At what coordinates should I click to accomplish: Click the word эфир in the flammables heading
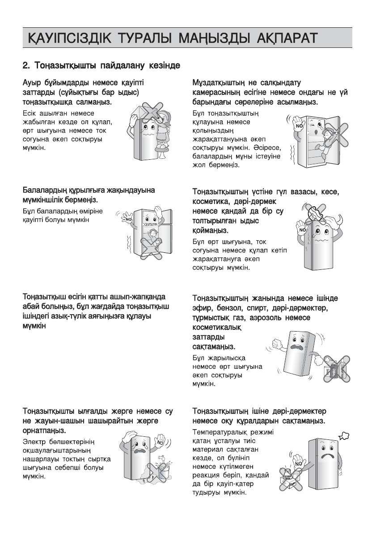[202, 308]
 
